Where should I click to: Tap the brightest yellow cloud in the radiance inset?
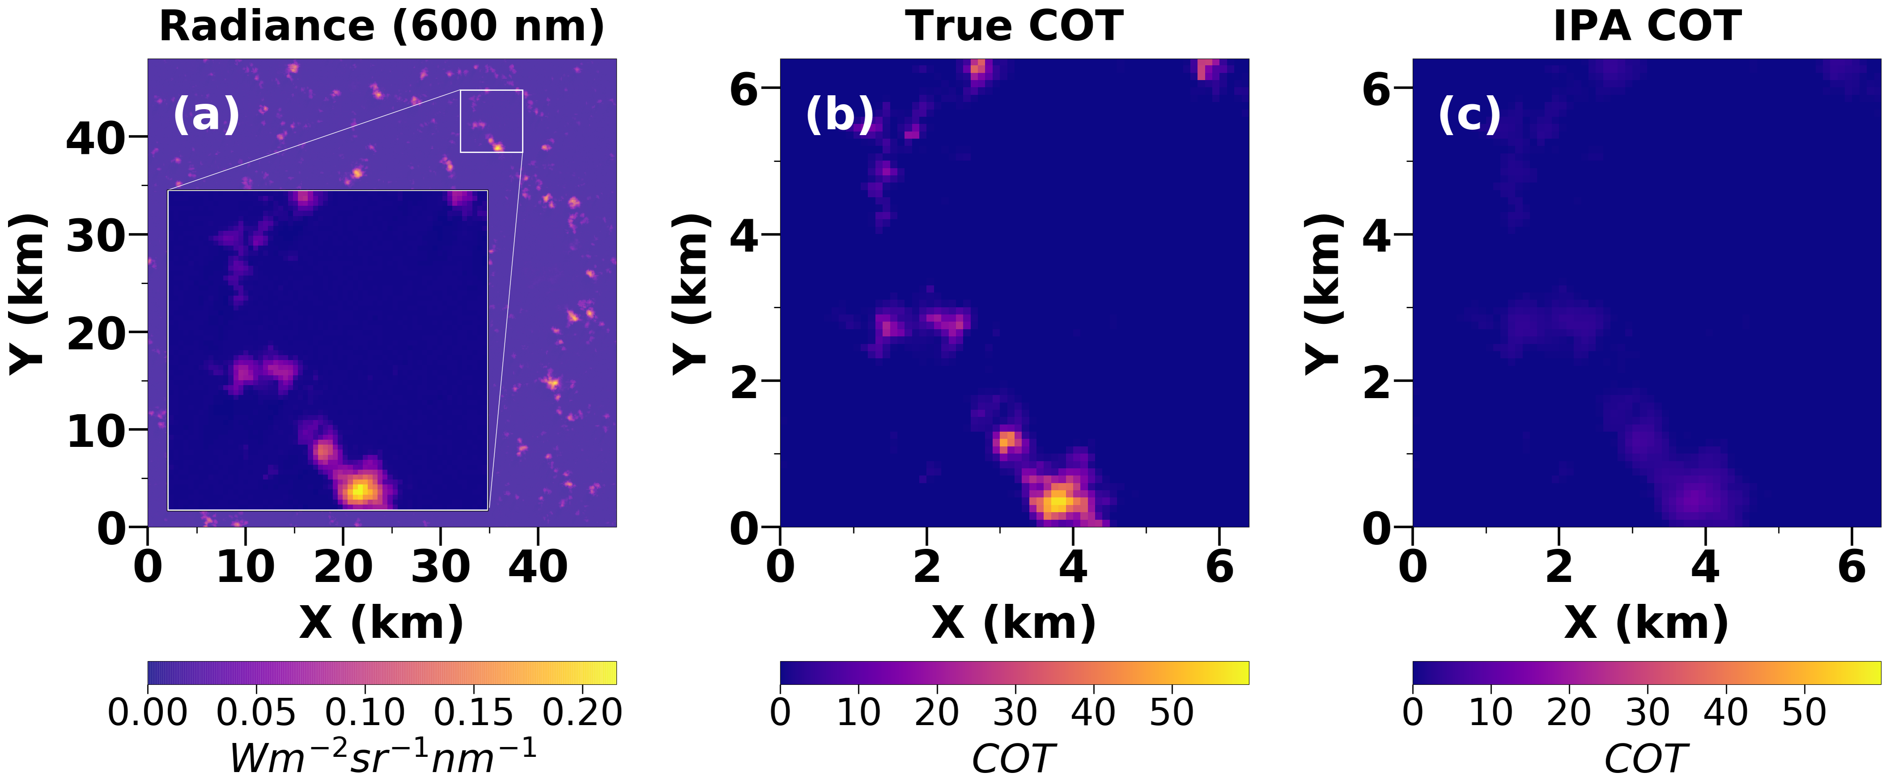[x=359, y=490]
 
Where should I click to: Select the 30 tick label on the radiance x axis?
[x=440, y=567]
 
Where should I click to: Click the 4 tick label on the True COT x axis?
[x=1072, y=567]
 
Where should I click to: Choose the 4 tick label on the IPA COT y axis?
[x=1377, y=236]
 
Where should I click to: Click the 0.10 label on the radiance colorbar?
[x=364, y=713]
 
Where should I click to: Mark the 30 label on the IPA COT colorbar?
[x=1647, y=713]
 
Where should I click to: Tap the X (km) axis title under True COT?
[x=1014, y=624]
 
